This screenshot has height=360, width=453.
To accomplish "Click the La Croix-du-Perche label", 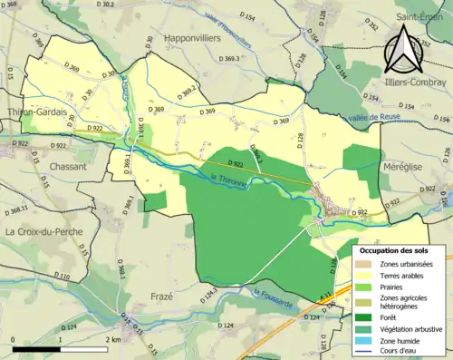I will (43, 231).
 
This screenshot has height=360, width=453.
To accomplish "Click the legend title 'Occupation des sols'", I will (394, 249).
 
